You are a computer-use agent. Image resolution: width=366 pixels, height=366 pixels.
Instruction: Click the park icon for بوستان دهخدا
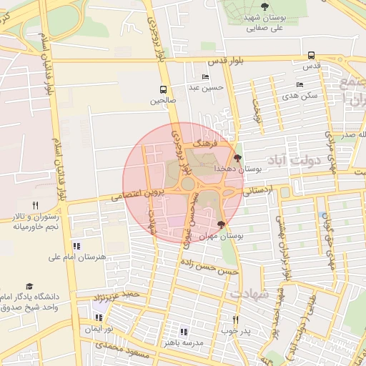pyautogui.click(x=238, y=158)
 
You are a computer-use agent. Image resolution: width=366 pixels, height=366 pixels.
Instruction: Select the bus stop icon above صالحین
pyautogui.click(x=164, y=90)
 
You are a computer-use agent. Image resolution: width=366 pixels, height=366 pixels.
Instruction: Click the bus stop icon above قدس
pyautogui.click(x=310, y=55)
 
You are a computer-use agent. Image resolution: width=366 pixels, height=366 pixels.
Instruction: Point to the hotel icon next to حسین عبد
pyautogui.click(x=206, y=77)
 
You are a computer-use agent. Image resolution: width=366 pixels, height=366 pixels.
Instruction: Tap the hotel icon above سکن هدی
pyautogui.click(x=300, y=84)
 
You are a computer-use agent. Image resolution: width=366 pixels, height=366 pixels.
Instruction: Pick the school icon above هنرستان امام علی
pyautogui.click(x=76, y=246)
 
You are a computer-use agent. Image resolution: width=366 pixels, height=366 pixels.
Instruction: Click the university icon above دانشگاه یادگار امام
pyautogui.click(x=29, y=286)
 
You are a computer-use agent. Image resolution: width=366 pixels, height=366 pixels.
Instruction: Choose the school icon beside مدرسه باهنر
pyautogui.click(x=183, y=332)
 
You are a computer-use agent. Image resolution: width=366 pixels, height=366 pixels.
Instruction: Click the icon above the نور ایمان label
pyautogui.click(x=97, y=317)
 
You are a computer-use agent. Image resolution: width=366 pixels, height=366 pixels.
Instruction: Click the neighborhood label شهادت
pyautogui.click(x=248, y=294)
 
